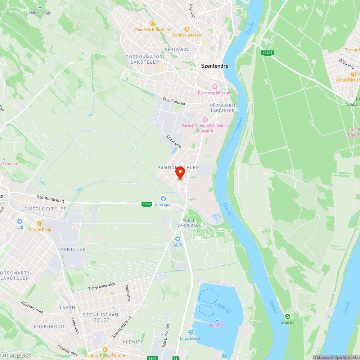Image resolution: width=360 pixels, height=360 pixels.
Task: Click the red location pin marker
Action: (x=180, y=172)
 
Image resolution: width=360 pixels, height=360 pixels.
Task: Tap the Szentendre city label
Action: (x=215, y=66)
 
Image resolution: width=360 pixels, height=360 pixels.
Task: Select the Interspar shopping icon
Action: (x=163, y=199)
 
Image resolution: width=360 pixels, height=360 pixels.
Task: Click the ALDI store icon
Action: (x=177, y=239)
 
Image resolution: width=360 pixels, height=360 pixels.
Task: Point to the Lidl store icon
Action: (x=19, y=221)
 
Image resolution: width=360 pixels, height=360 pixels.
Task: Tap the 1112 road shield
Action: (x=147, y=204)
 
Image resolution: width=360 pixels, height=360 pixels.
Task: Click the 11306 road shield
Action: (x=267, y=53)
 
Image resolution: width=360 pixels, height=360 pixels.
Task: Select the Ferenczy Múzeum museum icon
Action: (x=215, y=87)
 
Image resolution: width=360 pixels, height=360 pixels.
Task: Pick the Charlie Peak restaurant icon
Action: (x=39, y=224)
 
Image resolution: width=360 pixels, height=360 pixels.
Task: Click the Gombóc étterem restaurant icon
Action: (x=186, y=29)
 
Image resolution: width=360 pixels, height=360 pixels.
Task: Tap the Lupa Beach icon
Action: (x=190, y=332)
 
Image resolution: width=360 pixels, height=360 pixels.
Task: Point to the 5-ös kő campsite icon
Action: (x=287, y=316)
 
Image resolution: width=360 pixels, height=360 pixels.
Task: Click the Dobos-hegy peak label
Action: (x=40, y=13)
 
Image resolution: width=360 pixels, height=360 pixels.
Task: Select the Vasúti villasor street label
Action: (x=174, y=101)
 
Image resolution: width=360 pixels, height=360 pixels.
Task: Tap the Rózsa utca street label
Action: (x=174, y=142)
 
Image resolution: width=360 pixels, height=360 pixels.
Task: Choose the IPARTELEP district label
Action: (x=72, y=249)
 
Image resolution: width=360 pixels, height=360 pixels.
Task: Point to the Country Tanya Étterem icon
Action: (x=105, y=350)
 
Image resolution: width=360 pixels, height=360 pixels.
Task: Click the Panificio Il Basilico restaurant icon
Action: (x=142, y=24)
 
